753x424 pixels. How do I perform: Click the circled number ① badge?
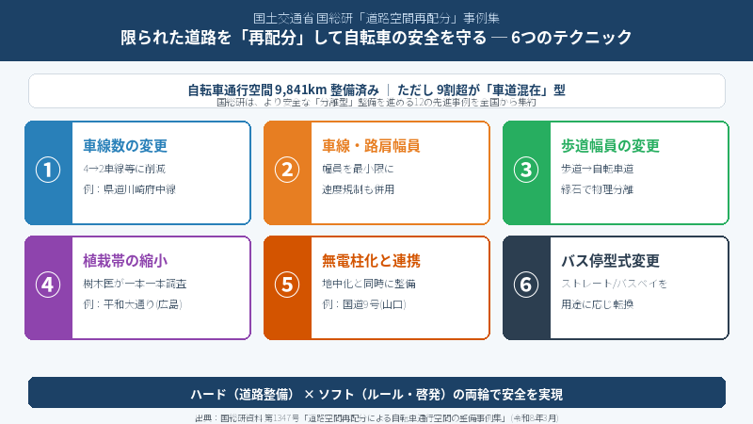coord(48,170)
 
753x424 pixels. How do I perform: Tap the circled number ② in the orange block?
coord(287,170)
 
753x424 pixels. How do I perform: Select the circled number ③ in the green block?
coord(526,170)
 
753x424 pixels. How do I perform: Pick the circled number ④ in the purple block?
coord(48,285)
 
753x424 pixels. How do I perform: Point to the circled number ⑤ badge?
coord(287,285)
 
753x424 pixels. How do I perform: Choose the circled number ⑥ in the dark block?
coord(526,285)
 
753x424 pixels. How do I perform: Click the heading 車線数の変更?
coord(125,146)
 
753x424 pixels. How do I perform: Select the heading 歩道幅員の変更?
coord(610,146)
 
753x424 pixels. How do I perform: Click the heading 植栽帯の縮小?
coord(125,261)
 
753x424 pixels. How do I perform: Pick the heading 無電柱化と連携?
coord(371,261)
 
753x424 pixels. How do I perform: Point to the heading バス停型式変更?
coord(610,261)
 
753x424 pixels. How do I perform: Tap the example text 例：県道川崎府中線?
coord(130,189)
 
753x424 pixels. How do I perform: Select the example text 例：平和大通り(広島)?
coord(133,304)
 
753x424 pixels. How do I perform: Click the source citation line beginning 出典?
coord(376,416)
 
